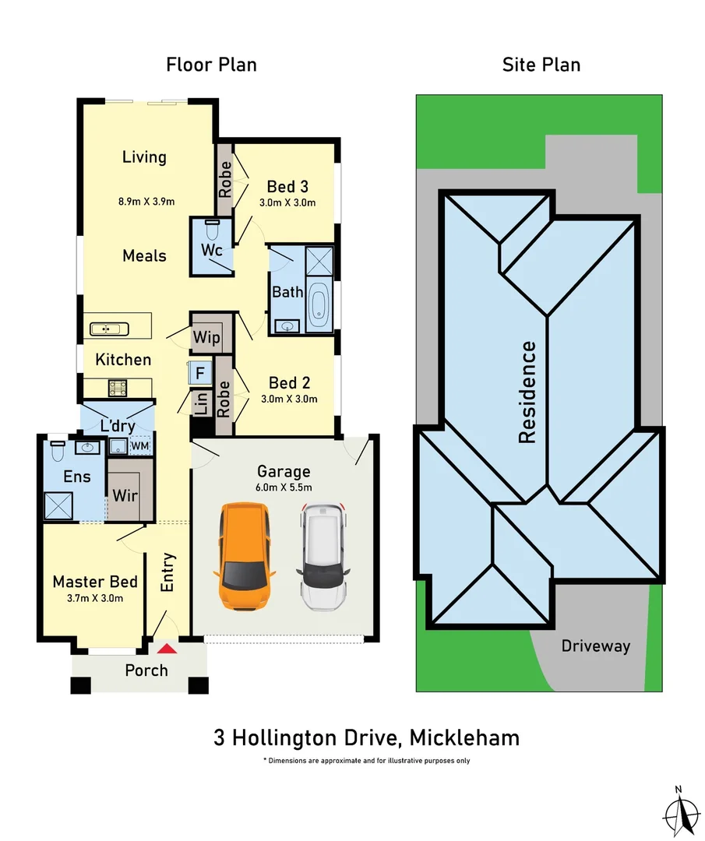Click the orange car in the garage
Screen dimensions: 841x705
pos(244,557)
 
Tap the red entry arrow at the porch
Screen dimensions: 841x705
pos(167,648)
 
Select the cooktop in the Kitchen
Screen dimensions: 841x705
pos(118,386)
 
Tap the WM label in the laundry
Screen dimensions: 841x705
pos(140,445)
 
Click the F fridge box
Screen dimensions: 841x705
pos(199,373)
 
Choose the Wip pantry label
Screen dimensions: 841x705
pos(207,339)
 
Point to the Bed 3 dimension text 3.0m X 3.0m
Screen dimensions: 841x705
pos(287,202)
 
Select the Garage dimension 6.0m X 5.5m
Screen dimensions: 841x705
pos(284,487)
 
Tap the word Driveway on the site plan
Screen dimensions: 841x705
pos(596,646)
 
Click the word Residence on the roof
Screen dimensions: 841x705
pos(527,392)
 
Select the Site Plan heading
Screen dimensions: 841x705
pos(541,65)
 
